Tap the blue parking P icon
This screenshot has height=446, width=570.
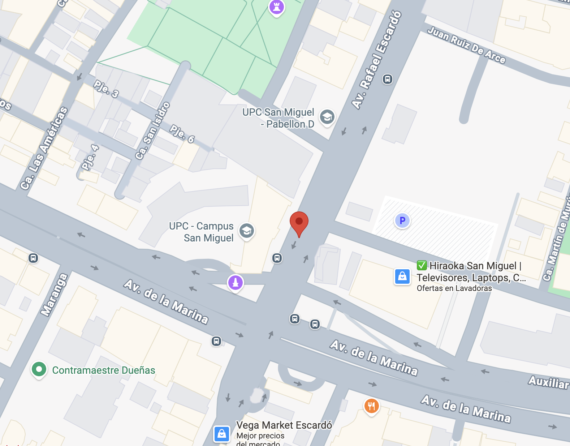pyautogui.click(x=402, y=220)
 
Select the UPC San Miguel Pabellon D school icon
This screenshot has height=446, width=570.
pyautogui.click(x=327, y=117)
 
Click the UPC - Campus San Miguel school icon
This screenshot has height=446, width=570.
pyautogui.click(x=247, y=231)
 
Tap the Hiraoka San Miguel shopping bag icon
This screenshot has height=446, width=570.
pyautogui.click(x=402, y=277)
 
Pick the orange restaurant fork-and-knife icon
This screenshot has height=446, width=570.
pyautogui.click(x=371, y=406)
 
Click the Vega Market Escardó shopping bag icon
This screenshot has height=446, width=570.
pyautogui.click(x=222, y=433)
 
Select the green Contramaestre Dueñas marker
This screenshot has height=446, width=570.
pyautogui.click(x=39, y=369)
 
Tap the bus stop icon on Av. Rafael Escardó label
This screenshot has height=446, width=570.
pyautogui.click(x=387, y=79)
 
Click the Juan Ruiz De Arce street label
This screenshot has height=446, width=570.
pyautogui.click(x=466, y=45)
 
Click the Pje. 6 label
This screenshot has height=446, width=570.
pyautogui.click(x=182, y=134)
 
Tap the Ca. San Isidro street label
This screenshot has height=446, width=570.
pyautogui.click(x=152, y=130)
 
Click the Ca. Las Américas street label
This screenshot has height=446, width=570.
pyautogui.click(x=44, y=148)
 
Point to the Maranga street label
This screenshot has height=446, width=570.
pyautogui.click(x=54, y=295)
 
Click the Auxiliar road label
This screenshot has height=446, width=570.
pyautogui.click(x=548, y=382)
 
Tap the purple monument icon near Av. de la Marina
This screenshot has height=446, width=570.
pyautogui.click(x=236, y=282)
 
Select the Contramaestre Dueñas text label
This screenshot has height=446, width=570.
pyautogui.click(x=104, y=370)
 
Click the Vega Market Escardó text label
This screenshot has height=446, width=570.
pyautogui.click(x=284, y=425)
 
